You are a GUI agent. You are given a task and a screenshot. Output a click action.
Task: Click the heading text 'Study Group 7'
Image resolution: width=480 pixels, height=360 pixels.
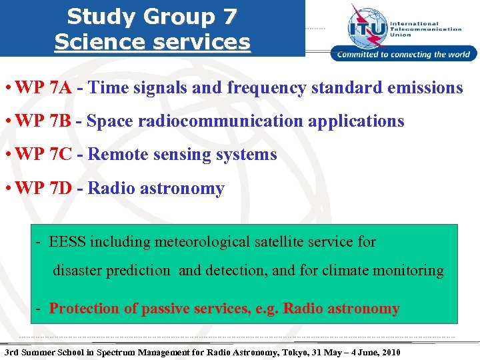pyautogui.click(x=152, y=16)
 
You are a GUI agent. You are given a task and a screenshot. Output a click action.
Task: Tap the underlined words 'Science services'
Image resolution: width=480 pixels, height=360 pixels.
pyautogui.click(x=152, y=41)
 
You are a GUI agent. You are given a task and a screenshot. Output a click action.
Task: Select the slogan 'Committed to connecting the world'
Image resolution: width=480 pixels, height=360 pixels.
pyautogui.click(x=404, y=55)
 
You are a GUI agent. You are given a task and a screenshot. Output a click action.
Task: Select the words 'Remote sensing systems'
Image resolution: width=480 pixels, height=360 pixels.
pyautogui.click(x=182, y=155)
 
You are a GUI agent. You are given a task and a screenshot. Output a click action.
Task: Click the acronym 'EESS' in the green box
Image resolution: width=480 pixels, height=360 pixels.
pyautogui.click(x=67, y=241)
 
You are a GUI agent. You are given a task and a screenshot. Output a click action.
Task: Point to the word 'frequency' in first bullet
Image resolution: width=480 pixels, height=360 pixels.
pyautogui.click(x=265, y=87)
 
